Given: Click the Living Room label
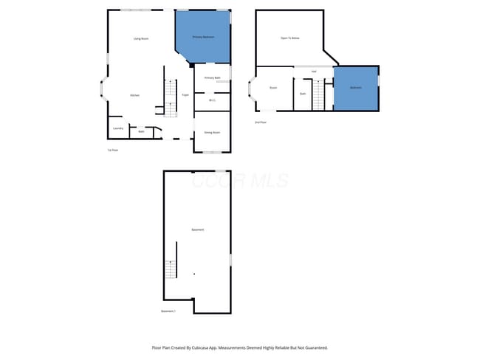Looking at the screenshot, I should pyautogui.click(x=141, y=38).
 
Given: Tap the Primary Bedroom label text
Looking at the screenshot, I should pyautogui.click(x=203, y=37).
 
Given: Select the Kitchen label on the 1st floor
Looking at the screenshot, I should pyautogui.click(x=134, y=95).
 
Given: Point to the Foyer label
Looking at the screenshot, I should pyautogui.click(x=185, y=95).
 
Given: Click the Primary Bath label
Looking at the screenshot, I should pyautogui.click(x=213, y=77).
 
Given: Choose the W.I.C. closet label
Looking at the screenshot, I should pyautogui.click(x=212, y=100).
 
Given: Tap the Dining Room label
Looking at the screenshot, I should pyautogui.click(x=212, y=132).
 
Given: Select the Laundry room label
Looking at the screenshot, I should pyautogui.click(x=117, y=128).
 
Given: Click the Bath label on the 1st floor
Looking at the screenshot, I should pyautogui.click(x=140, y=131).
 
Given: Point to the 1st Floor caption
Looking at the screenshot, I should pyautogui.click(x=113, y=150).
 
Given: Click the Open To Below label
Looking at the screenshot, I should pyautogui.click(x=289, y=38).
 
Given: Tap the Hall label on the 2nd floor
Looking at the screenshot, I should pyautogui.click(x=314, y=71).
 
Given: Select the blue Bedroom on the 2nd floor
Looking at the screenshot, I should pyautogui.click(x=356, y=88).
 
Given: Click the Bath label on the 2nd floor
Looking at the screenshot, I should pyautogui.click(x=303, y=94).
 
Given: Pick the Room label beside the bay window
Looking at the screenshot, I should pyautogui.click(x=273, y=88).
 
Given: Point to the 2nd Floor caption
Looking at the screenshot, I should pyautogui.click(x=261, y=122).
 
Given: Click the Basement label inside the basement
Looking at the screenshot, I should pyautogui.click(x=198, y=229).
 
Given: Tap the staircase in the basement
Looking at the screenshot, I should pyautogui.click(x=171, y=269).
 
